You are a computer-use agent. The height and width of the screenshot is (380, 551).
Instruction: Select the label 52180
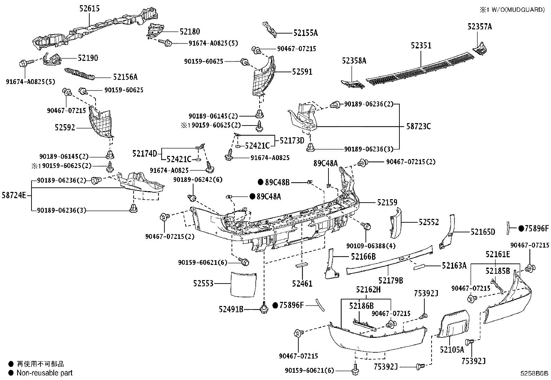(190, 32)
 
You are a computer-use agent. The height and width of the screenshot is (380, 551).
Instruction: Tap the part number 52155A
(305, 33)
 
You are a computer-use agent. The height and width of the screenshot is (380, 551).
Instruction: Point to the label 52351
(421, 46)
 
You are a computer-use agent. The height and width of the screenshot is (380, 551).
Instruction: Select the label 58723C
(418, 126)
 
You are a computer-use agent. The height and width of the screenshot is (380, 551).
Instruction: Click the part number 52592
(65, 128)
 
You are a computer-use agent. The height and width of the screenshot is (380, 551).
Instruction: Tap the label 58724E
(14, 195)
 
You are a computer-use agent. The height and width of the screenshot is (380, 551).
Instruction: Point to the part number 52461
(302, 284)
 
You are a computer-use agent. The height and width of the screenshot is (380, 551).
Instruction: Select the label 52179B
(390, 280)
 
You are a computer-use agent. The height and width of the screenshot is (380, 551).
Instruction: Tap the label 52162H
(369, 290)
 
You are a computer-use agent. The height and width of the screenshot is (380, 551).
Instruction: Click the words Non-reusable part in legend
(45, 373)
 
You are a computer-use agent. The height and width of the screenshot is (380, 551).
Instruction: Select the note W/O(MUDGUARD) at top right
(516, 10)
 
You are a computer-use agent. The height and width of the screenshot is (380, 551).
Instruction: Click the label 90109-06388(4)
(371, 245)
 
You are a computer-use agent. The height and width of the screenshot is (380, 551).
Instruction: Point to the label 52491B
(231, 309)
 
